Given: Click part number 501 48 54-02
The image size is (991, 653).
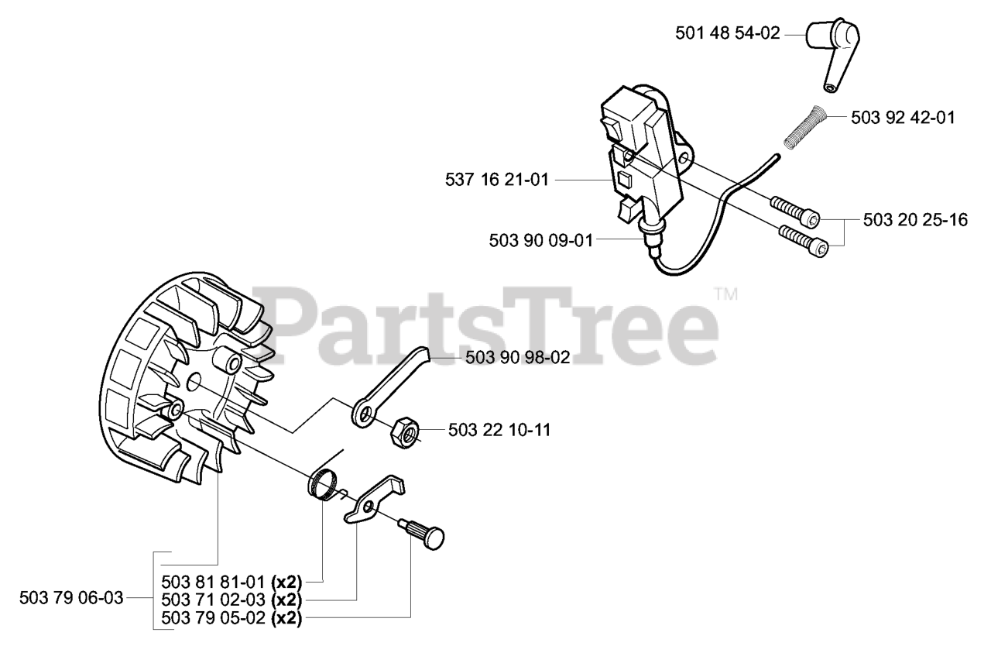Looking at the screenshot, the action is pos(727,33).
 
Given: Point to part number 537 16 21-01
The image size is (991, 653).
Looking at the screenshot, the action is pos(497,180).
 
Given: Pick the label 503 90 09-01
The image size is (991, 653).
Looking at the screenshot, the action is pos(540,240).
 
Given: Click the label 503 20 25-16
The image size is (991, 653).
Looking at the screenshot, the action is pos(915,220).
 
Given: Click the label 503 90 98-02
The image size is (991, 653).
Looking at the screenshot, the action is pos(517,358).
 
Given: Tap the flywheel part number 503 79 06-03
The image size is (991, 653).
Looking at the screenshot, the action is pos(70,598).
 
